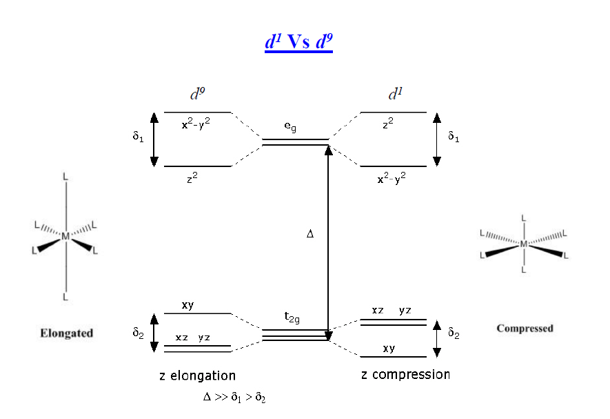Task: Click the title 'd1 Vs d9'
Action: click(298, 42)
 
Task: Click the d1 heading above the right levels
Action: click(395, 95)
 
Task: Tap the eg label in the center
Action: click(290, 127)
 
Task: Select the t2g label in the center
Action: click(293, 318)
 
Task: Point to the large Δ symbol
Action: click(310, 234)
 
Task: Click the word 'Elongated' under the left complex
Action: click(67, 333)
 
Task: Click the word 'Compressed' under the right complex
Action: click(525, 329)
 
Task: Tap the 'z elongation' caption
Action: click(197, 376)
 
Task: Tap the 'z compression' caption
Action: click(405, 375)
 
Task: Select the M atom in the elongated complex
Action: click(65, 236)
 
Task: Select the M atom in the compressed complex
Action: click(524, 244)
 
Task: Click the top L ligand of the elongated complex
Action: click(65, 177)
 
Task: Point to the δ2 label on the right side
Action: click(454, 333)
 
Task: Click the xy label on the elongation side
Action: click(187, 305)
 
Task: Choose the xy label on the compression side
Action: click(389, 349)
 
